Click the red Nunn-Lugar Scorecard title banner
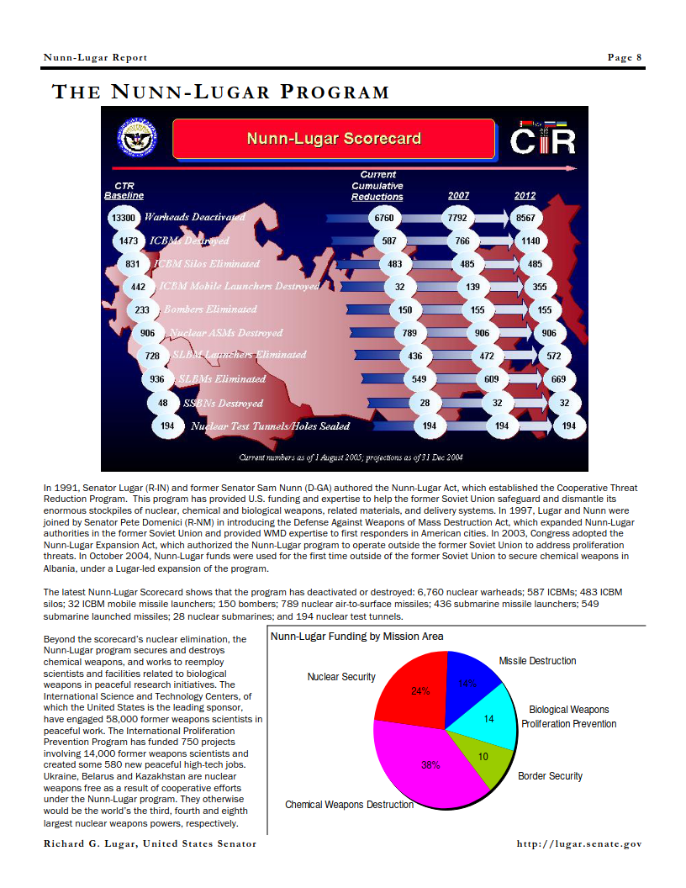(x=334, y=139)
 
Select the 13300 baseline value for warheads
(x=123, y=217)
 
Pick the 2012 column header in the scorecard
(x=525, y=196)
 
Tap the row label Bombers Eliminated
(x=210, y=309)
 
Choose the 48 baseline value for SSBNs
(x=162, y=403)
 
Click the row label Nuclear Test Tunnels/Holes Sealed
(x=270, y=425)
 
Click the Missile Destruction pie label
(x=537, y=661)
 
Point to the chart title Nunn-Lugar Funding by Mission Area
(x=356, y=637)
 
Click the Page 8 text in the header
(x=625, y=57)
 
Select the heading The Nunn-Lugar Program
(x=220, y=92)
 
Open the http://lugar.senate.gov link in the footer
(x=579, y=843)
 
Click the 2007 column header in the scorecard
(x=458, y=196)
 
